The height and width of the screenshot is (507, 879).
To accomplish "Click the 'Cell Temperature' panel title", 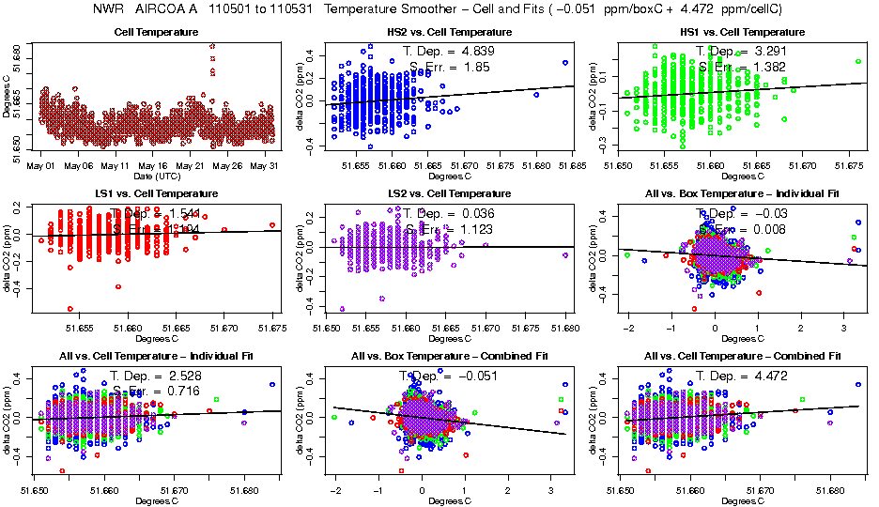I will pos(156,32).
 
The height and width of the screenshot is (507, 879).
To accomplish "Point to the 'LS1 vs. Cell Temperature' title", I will pos(156,194).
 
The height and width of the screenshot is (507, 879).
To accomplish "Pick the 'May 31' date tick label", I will pos(267,165).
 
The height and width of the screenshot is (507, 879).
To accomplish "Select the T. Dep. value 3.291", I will pos(765,50).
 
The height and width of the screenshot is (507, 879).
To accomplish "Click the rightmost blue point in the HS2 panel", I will pos(565,63).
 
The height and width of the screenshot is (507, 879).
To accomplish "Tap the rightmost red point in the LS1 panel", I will pos(272,225).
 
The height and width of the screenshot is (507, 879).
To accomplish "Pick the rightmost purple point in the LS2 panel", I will pos(565,254).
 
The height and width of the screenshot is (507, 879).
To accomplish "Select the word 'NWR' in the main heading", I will pos(108,10).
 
